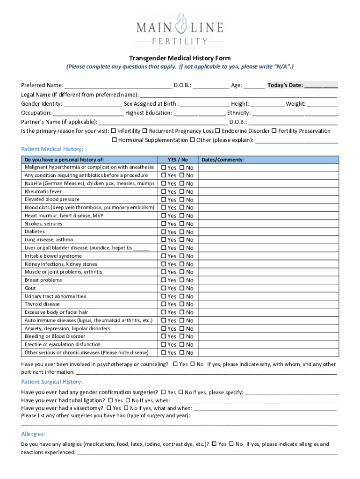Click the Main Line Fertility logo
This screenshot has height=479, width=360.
click(x=180, y=29)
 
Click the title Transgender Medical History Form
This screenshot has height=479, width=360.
click(x=180, y=58)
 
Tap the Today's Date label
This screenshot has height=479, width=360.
click(x=285, y=85)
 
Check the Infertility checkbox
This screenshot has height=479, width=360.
click(x=113, y=131)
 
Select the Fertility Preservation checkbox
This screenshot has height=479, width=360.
click(x=274, y=131)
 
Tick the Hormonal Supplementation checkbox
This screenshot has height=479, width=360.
click(x=114, y=140)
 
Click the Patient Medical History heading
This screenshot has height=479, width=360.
click(x=52, y=149)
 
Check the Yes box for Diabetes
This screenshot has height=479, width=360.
click(x=164, y=232)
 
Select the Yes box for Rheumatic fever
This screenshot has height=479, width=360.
click(x=164, y=192)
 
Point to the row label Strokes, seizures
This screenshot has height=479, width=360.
click(x=43, y=224)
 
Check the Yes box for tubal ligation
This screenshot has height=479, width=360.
click(x=111, y=400)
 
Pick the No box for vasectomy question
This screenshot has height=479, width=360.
click(x=126, y=408)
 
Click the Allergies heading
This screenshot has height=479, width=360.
click(x=33, y=434)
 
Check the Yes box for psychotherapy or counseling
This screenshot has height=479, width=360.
click(x=175, y=364)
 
